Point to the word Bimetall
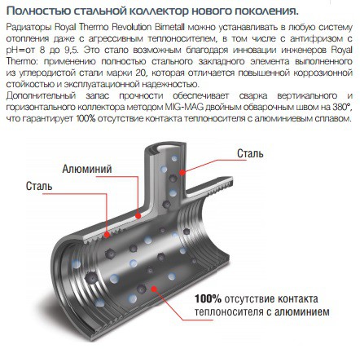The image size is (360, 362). [169, 27]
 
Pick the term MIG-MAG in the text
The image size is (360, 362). [184, 107]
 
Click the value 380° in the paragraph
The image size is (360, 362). [342, 107]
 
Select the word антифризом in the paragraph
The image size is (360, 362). [314, 38]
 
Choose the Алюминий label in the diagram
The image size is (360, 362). [87, 169]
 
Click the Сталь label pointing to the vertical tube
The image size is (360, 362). [250, 153]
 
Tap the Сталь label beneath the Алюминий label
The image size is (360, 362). [39, 186]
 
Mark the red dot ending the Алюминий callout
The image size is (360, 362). [138, 216]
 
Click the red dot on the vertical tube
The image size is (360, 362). [182, 172]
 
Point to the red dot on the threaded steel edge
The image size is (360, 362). [107, 234]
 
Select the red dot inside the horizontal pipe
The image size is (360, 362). [154, 289]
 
